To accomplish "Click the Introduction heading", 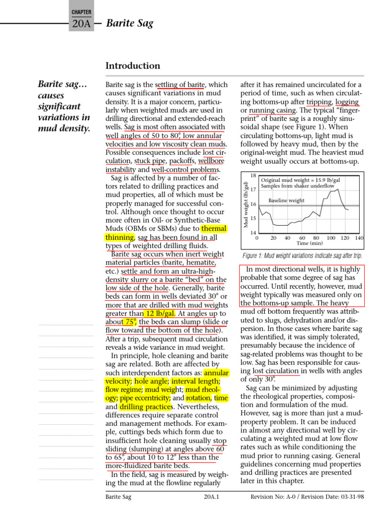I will pos(133,66).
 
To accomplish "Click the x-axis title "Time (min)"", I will pos(309,243).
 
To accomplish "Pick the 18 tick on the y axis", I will pos(253,175).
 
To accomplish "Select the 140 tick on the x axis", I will pos(359,237).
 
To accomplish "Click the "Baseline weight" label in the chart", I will pos(286,201).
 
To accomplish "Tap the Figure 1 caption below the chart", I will pos(302,255).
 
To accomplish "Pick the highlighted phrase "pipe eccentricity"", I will pos(146,398).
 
